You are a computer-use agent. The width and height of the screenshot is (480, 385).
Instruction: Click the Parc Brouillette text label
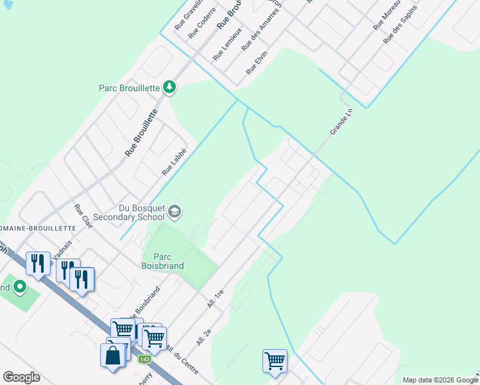[x=129, y=88]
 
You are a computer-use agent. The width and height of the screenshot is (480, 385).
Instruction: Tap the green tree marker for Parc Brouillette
[x=169, y=87]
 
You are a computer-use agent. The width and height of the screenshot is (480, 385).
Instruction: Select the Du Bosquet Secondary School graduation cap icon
[x=175, y=212]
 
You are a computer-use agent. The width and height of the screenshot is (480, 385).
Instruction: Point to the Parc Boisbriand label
[x=163, y=261]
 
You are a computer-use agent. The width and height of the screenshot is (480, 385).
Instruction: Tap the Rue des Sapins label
[x=400, y=25]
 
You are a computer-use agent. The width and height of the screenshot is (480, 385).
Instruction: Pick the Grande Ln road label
[x=341, y=121]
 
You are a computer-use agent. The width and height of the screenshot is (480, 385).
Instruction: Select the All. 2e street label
[x=204, y=334]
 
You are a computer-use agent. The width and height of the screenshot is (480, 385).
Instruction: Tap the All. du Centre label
[x=182, y=361]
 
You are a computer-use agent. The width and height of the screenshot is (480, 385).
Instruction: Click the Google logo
[x=22, y=377]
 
